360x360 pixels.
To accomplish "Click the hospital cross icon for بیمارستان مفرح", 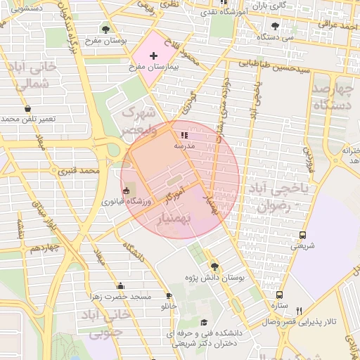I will click(154, 55).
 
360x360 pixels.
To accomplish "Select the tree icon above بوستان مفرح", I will click(105, 30).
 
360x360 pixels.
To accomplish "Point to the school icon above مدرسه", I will click(184, 134).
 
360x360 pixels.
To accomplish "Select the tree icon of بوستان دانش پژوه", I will click(214, 266).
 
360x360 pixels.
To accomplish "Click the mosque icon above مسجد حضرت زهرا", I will click(121, 285).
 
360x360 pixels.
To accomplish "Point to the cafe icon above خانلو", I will click(169, 295).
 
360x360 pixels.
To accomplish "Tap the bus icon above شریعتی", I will click(302, 235).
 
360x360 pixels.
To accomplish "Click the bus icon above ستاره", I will click(280, 296).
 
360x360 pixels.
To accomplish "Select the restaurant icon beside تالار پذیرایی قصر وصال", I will click(299, 310).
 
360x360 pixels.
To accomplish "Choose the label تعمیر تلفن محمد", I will click(28, 120).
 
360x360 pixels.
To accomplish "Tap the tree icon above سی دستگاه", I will click(275, 26).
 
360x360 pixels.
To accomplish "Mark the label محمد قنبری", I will click(79, 171).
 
